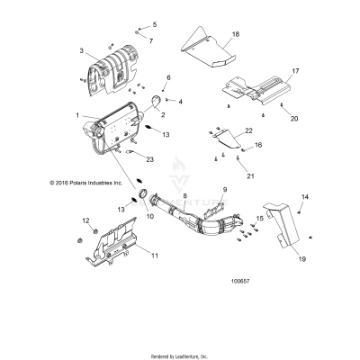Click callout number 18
pos(235,33)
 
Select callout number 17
pos(293,69)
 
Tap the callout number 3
pos(81,51)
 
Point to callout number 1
pos(78,115)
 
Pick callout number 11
pos(154,256)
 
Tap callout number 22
pos(247,130)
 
